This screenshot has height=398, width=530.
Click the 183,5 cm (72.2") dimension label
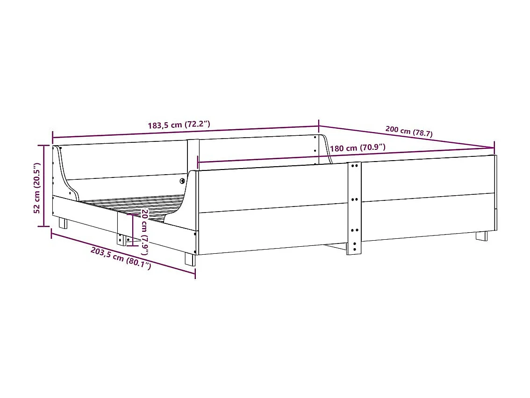coord(179,125)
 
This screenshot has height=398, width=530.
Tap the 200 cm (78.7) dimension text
coord(409,132)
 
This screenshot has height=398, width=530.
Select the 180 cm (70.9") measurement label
coord(358,148)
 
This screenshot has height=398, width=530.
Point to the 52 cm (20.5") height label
coord(37,188)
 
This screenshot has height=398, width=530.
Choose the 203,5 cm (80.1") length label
coord(121,258)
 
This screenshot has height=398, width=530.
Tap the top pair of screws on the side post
coord(354,166)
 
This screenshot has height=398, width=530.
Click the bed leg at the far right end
coord(481,236)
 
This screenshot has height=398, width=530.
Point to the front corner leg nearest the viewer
coord(190,259)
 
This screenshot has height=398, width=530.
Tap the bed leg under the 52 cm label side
coord(62,223)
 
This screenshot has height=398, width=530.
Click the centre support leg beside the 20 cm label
coord(121,239)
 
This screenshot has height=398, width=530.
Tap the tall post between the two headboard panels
coord(193,155)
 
